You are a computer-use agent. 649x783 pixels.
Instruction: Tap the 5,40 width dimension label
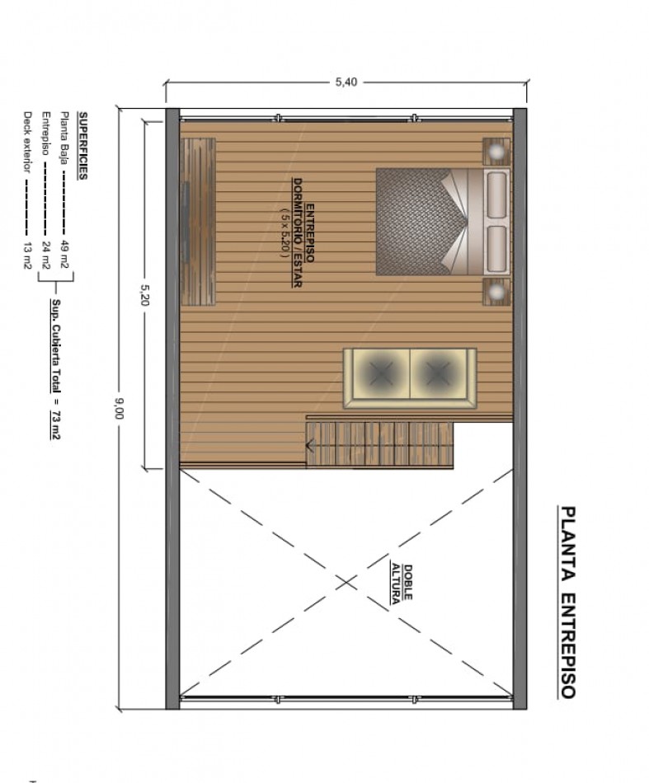pyautogui.click(x=346, y=82)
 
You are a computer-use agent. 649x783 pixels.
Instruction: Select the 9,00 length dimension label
pyautogui.click(x=119, y=408)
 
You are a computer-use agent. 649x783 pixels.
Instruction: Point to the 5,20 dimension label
pyautogui.click(x=145, y=295)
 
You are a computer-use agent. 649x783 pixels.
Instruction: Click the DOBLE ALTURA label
pyautogui.click(x=402, y=583)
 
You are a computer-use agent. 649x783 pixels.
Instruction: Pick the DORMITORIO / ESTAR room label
pyautogui.click(x=298, y=232)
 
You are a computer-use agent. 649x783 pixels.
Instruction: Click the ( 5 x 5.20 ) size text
pyautogui.click(x=285, y=232)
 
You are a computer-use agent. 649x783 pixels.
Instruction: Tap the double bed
pyautogui.click(x=443, y=222)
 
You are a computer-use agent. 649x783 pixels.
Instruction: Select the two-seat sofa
pyautogui.click(x=410, y=378)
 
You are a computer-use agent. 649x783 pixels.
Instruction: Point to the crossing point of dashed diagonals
pyautogui.click(x=346, y=582)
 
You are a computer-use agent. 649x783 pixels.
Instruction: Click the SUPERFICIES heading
pyautogui.click(x=83, y=145)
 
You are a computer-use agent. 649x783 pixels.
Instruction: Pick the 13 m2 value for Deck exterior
pyautogui.click(x=28, y=256)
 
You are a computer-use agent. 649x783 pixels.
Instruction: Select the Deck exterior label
pyautogui.click(x=28, y=142)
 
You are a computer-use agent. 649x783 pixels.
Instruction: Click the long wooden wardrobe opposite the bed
pyautogui.click(x=198, y=221)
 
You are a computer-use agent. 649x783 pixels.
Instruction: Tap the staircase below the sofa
pyautogui.click(x=379, y=444)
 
